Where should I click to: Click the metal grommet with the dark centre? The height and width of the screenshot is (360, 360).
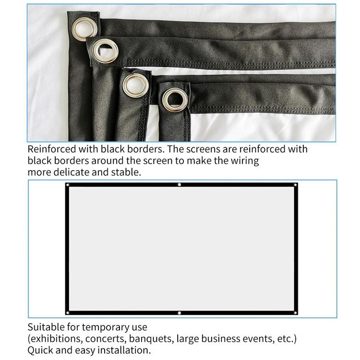175,100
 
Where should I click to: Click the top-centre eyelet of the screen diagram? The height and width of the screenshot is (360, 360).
179,185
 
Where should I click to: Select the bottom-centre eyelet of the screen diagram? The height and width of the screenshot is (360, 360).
179,313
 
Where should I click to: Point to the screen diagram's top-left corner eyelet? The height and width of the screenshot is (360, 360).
68,185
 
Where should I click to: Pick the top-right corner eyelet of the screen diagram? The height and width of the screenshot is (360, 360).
295,185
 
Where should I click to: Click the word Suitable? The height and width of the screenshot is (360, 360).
46,327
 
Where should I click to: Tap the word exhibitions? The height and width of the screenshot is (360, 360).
55,339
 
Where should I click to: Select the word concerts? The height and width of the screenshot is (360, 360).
105,339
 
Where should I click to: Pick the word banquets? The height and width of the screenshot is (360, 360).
151,339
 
